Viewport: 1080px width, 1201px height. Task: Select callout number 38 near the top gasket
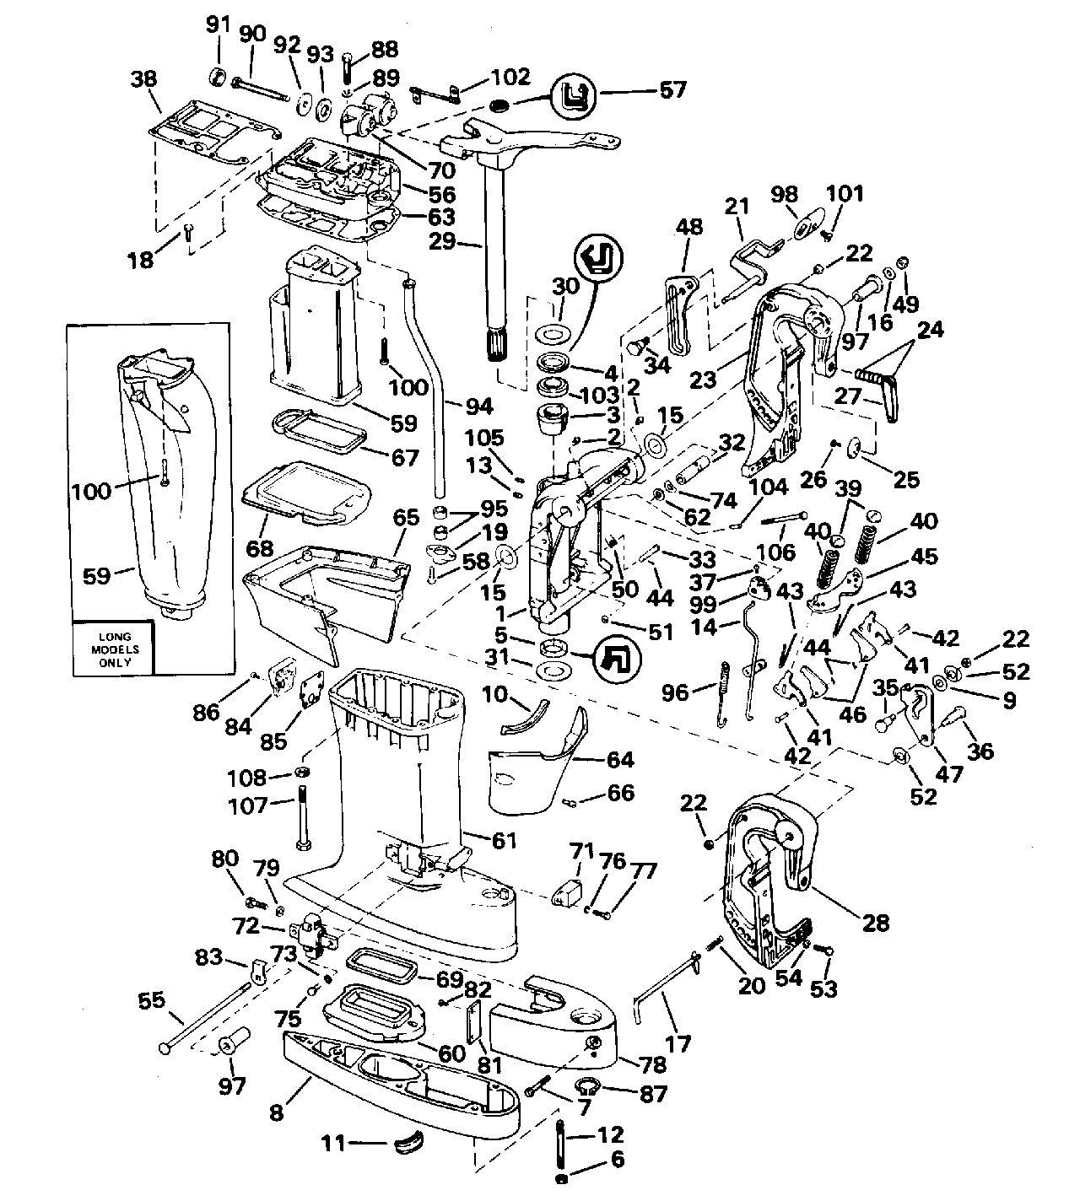[143, 79]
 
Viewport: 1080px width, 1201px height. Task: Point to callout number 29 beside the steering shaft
[441, 243]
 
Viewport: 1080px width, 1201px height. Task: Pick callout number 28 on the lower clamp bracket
[876, 922]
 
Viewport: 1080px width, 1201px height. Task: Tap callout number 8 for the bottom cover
[278, 1112]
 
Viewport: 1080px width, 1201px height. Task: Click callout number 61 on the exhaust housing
[505, 840]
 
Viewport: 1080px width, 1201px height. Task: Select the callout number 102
[511, 78]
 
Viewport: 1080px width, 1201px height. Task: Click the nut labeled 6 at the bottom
[562, 1178]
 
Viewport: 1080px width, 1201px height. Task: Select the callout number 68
[260, 548]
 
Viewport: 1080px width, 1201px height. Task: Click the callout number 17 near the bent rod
[678, 1044]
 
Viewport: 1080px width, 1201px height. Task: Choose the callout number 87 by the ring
[652, 1094]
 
